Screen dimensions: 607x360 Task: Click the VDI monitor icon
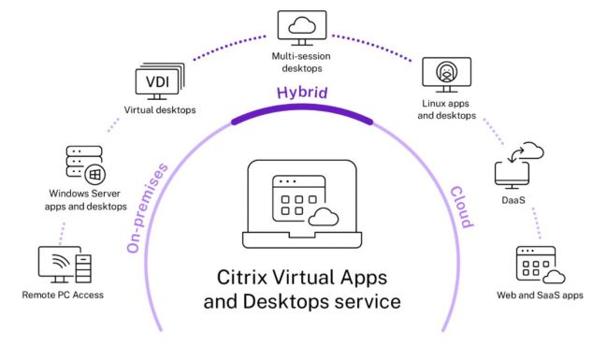pos(160,81)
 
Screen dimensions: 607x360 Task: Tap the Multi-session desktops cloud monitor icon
pos(302,28)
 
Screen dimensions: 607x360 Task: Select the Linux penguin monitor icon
pos(446,75)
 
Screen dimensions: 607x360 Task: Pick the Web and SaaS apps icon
pos(541,266)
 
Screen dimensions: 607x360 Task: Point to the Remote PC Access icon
pos(65,265)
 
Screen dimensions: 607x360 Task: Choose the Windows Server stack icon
pos(85,165)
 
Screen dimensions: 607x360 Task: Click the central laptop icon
pos(302,204)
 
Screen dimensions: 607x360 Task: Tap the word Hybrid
pos(302,93)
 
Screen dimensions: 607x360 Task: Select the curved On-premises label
pos(147,208)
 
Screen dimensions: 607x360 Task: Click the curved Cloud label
pos(461,207)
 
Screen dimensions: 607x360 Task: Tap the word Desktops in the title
pos(286,301)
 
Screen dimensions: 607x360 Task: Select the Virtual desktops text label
pos(160,110)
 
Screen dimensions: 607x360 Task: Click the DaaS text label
pos(513,200)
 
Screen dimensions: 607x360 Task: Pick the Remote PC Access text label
pos(63,295)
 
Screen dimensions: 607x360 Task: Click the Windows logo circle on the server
pos(94,175)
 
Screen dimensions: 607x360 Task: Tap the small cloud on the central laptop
pos(324,217)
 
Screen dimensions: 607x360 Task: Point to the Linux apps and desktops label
pos(446,109)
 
